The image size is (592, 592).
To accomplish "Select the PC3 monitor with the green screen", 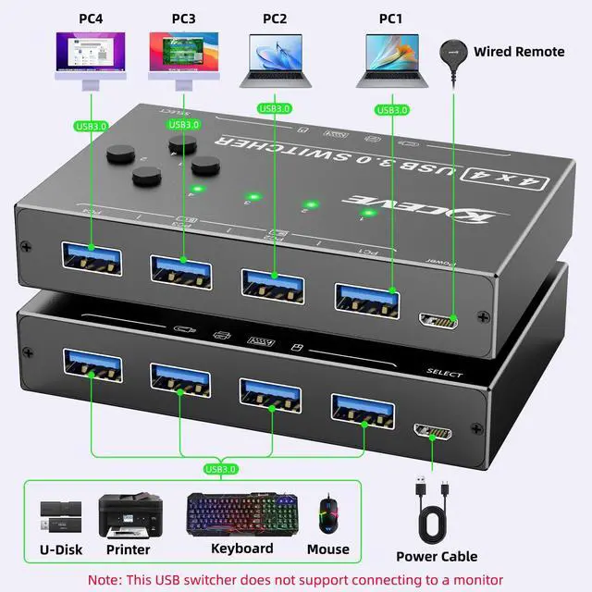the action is point(182,57).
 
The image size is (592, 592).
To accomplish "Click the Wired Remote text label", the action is point(519,52).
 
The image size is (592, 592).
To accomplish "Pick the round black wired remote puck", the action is point(452,52).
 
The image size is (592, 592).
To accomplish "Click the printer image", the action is point(129,515).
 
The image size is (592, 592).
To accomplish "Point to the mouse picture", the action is point(328,514).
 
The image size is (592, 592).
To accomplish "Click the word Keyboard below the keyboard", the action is point(242,549).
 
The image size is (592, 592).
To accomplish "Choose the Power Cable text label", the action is point(437,556).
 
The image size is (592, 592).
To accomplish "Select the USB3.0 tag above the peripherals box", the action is point(220,469).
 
